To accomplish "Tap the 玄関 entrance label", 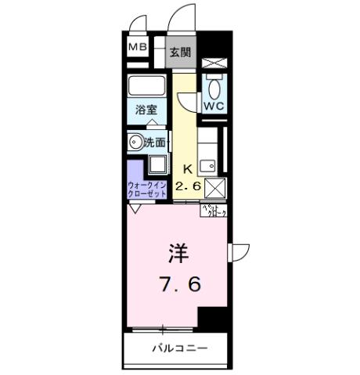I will (x=180, y=53).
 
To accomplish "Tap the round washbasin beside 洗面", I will (x=135, y=142).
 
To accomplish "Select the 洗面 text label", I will (x=155, y=142).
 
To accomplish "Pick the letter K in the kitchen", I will (x=188, y=168).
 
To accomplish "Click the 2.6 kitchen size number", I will (x=188, y=186).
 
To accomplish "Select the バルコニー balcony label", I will (x=179, y=348).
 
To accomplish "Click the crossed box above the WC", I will (x=214, y=62).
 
